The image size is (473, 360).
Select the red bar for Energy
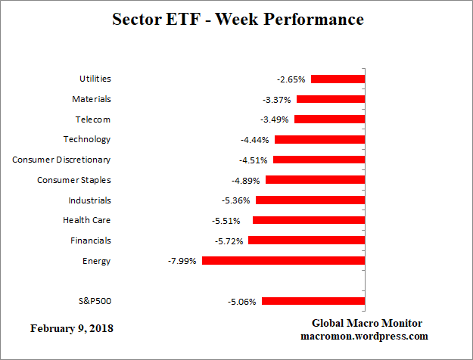(284, 261)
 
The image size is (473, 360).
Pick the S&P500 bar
(314, 301)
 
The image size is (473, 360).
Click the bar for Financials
(307, 241)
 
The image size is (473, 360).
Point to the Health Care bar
(309, 220)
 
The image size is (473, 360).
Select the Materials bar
(331, 99)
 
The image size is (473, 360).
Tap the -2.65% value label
(291, 79)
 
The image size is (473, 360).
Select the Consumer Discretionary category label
(61, 160)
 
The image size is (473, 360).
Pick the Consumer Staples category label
(74, 180)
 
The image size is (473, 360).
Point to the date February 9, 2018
(73, 329)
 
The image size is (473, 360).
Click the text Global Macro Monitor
(367, 323)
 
